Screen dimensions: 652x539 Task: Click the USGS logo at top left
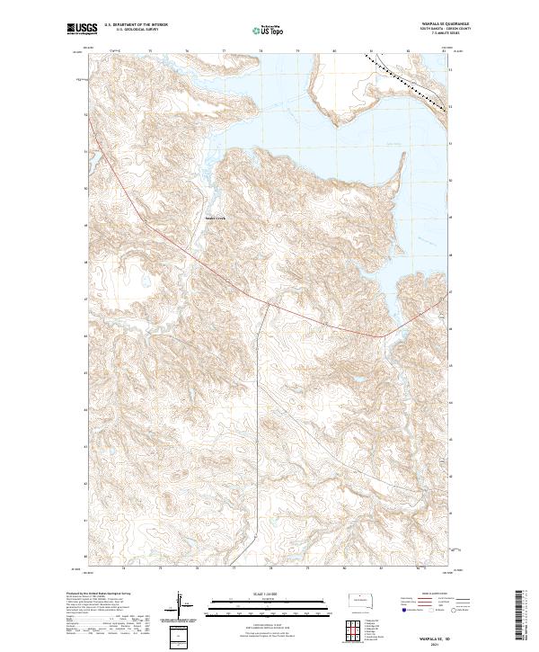83,31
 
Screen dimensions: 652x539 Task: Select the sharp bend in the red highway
385,336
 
